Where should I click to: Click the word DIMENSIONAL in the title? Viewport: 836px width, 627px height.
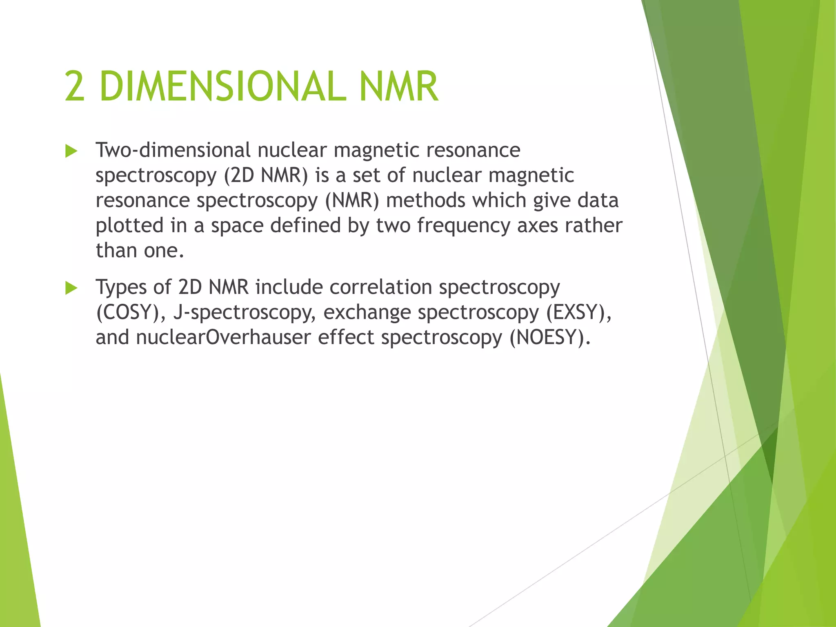tap(223, 87)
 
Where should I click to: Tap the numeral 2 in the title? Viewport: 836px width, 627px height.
tap(75, 87)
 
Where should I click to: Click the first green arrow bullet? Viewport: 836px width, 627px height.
tap(71, 152)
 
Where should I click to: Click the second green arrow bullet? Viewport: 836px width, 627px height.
tap(71, 289)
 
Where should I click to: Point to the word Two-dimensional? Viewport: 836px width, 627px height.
tap(173, 150)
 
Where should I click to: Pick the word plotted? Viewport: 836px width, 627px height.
tap(129, 226)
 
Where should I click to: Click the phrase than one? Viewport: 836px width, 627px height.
tap(140, 251)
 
